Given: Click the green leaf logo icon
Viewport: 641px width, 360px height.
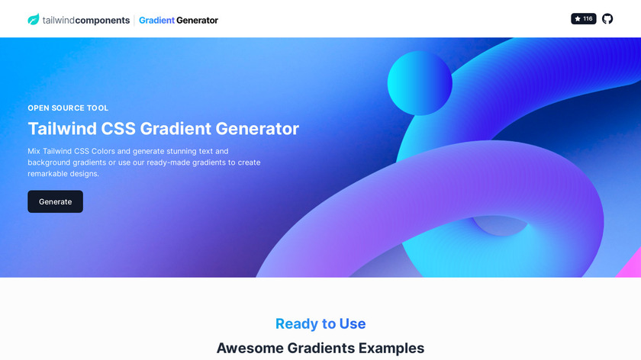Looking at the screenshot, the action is tap(34, 19).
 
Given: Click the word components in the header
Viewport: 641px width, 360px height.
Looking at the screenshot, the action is tap(102, 20).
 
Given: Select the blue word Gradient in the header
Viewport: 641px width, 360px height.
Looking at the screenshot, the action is tap(156, 20).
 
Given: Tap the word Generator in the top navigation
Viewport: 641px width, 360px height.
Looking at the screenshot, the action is tap(197, 20).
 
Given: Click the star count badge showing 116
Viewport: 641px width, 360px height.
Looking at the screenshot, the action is tap(583, 19).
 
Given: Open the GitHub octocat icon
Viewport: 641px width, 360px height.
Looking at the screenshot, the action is tap(607, 19).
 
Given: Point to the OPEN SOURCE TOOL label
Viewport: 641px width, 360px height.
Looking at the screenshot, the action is tap(68, 108).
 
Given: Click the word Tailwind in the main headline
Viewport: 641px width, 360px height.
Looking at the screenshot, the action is tap(62, 128).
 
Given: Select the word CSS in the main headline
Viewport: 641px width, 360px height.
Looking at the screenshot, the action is tap(118, 128).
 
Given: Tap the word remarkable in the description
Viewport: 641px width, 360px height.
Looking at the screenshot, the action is tap(44, 174).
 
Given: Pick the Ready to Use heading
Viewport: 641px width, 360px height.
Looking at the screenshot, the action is tap(320, 323).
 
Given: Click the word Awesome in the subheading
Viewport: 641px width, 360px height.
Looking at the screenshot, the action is tap(250, 348).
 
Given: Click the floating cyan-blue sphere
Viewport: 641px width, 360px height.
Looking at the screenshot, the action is tap(420, 83).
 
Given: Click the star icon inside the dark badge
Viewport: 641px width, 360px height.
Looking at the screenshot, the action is tap(578, 19).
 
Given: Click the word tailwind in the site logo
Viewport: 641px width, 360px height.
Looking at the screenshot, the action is tap(59, 20).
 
